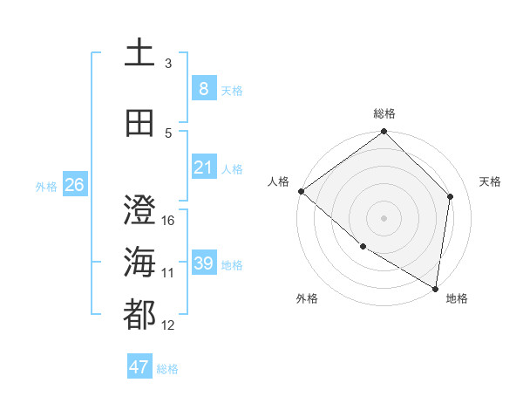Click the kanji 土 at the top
[140, 53]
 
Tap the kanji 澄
[140, 210]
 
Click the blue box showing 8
[203, 89]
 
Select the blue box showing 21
[203, 167]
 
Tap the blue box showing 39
[203, 263]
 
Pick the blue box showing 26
[74, 185]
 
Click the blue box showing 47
[139, 367]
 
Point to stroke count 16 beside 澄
[168, 221]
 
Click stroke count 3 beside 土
[168, 64]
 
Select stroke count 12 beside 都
[168, 325]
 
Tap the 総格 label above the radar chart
[384, 113]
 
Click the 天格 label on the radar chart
[490, 181]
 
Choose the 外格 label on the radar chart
[307, 298]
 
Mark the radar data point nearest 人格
[301, 191]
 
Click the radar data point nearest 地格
[435, 288]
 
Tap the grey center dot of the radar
[384, 217]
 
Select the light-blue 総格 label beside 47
[167, 369]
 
